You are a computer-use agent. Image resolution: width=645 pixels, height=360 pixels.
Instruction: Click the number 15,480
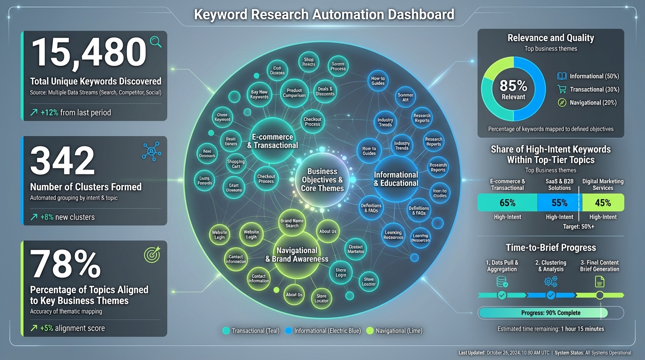tap(89, 53)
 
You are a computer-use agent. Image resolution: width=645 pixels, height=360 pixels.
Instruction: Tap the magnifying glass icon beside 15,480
tap(156, 42)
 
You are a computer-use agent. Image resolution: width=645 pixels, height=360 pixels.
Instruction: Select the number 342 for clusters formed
tap(62, 160)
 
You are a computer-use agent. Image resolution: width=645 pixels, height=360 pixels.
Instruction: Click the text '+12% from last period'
tap(70, 112)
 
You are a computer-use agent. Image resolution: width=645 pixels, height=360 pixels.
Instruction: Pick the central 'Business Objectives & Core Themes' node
tap(322, 180)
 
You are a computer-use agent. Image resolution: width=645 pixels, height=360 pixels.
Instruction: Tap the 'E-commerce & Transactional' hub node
tap(272, 141)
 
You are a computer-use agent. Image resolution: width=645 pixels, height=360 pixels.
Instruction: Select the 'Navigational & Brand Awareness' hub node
tap(297, 255)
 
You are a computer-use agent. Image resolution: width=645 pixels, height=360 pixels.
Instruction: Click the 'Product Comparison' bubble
tap(294, 93)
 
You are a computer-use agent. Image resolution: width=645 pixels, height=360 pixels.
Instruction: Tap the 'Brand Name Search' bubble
tap(292, 223)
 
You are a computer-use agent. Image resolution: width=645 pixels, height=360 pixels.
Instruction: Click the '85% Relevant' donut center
tap(513, 89)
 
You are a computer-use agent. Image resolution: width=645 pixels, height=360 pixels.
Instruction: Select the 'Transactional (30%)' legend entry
tap(588, 90)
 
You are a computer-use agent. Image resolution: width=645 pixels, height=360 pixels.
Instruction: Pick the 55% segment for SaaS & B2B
tap(559, 202)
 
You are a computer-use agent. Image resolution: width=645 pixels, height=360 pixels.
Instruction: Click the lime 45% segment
tap(603, 202)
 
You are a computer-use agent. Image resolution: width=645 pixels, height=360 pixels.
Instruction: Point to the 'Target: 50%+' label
tap(578, 227)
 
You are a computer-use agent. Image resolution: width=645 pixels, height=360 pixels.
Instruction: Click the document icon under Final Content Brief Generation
tap(600, 281)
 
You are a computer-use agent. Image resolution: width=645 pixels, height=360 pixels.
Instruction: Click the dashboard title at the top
tap(324, 15)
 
